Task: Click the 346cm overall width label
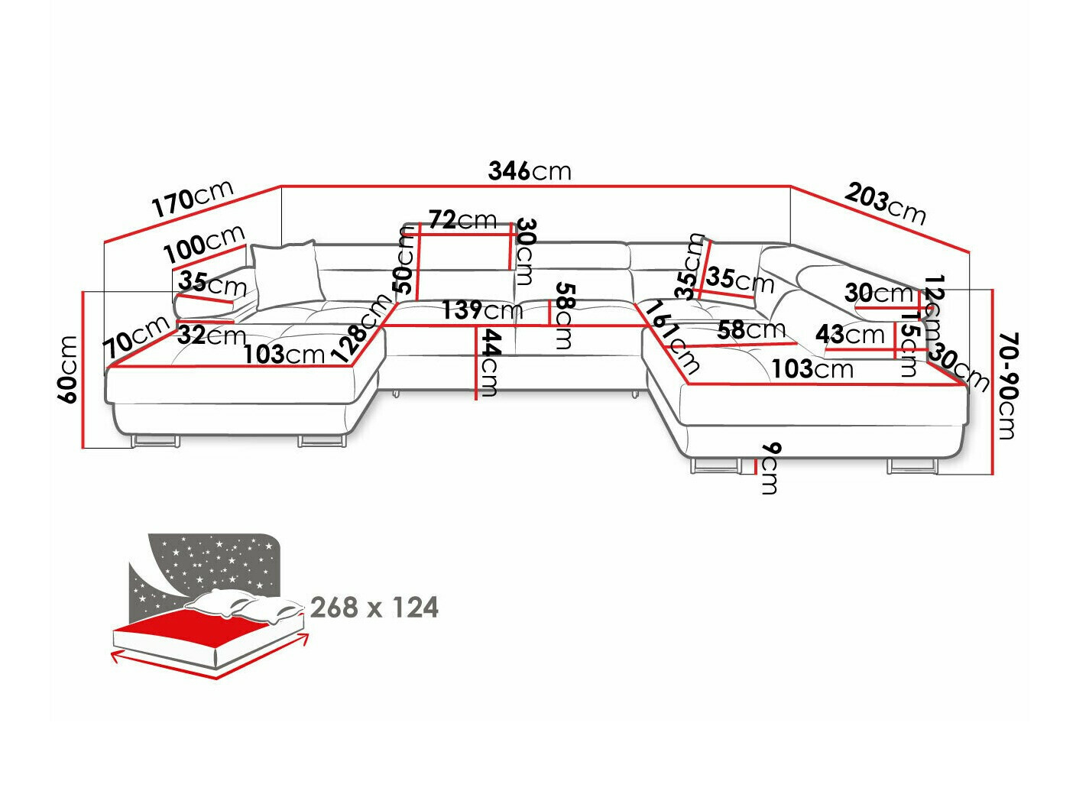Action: [529, 170]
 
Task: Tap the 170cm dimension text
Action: [192, 199]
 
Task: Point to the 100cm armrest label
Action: [204, 243]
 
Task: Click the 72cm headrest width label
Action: [462, 220]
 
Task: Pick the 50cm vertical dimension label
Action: [405, 261]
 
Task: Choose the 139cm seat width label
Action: [481, 310]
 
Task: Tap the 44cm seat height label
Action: [488, 362]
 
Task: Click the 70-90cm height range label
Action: [1008, 385]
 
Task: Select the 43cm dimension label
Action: [849, 334]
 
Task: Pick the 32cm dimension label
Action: [212, 335]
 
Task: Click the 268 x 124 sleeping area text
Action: [374, 608]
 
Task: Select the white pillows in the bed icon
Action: [245, 605]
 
